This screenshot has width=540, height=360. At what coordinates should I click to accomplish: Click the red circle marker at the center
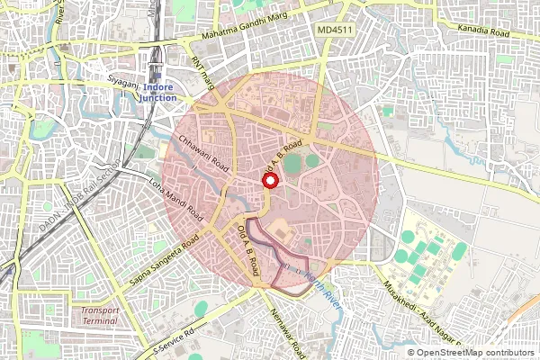tap(268, 180)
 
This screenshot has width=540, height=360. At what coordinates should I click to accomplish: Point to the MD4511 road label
tap(335, 31)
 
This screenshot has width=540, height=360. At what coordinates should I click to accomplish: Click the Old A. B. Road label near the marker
tap(282, 157)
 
